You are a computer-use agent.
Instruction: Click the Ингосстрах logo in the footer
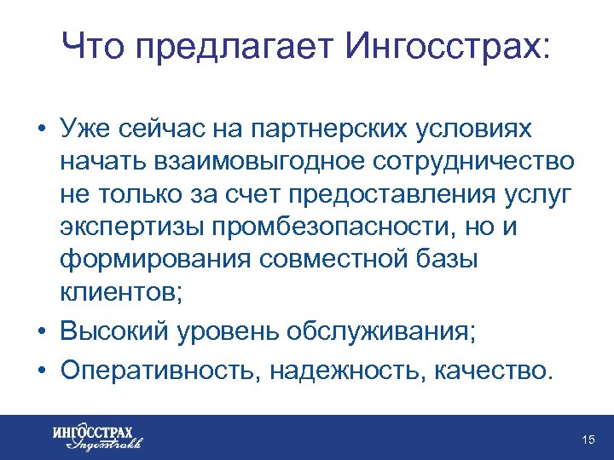point(96,435)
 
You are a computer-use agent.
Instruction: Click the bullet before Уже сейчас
point(41,129)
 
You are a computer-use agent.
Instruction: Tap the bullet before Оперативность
point(41,371)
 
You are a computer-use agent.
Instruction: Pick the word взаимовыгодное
point(277,162)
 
